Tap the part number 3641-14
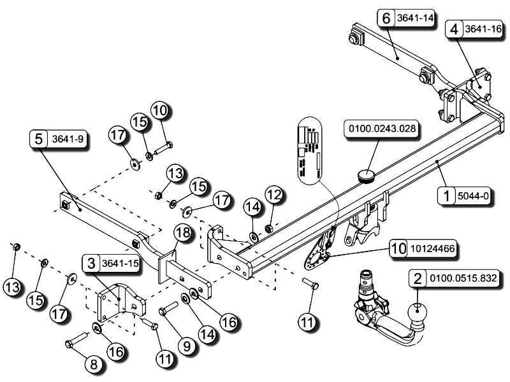pyautogui.click(x=414, y=18)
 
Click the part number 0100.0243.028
pyautogui.click(x=382, y=129)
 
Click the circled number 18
pyautogui.click(x=182, y=234)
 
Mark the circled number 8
pyautogui.click(x=93, y=364)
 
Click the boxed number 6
pyautogui.click(x=386, y=18)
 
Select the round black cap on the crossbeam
pyautogui.click(x=366, y=174)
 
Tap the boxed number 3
pyautogui.click(x=91, y=262)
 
